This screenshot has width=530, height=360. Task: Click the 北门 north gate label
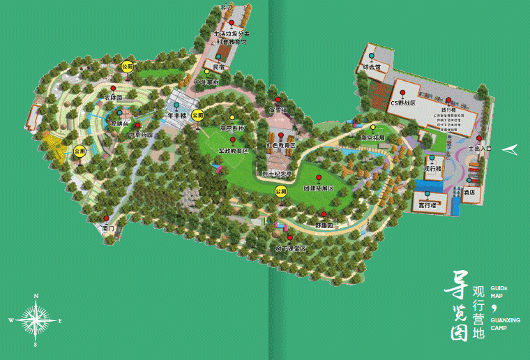click(x=225, y=7)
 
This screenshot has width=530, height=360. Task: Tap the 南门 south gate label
click(x=107, y=228)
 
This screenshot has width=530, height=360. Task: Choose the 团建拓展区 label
click(x=319, y=188)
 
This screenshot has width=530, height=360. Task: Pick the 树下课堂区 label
click(x=290, y=248)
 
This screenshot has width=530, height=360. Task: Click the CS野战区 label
click(x=403, y=103)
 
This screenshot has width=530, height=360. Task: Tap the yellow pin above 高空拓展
click(x=372, y=127)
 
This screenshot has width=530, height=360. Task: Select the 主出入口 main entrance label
click(x=480, y=149)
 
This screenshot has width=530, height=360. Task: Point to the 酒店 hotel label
click(x=471, y=190)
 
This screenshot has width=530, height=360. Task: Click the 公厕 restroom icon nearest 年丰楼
click(x=198, y=115)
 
